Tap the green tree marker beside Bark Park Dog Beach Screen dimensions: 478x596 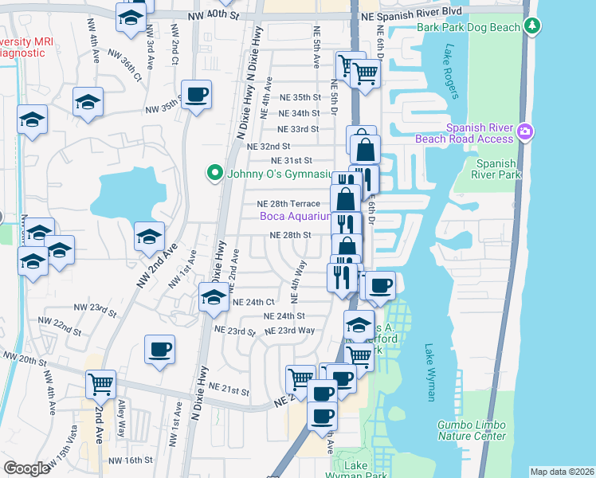pos(533,26)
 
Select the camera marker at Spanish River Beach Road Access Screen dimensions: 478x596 pos(524,131)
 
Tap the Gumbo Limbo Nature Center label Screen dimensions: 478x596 pos(471,430)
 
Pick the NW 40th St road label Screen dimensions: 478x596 pos(214,16)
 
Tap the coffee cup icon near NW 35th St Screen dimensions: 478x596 pos(196,95)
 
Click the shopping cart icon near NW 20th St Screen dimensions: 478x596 pos(101,385)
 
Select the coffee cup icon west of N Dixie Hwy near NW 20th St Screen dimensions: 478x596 pos(159,349)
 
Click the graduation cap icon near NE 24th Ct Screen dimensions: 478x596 pos(214,298)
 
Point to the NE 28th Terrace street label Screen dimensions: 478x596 pos(288,204)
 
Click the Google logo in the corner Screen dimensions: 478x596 pos(26,468)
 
